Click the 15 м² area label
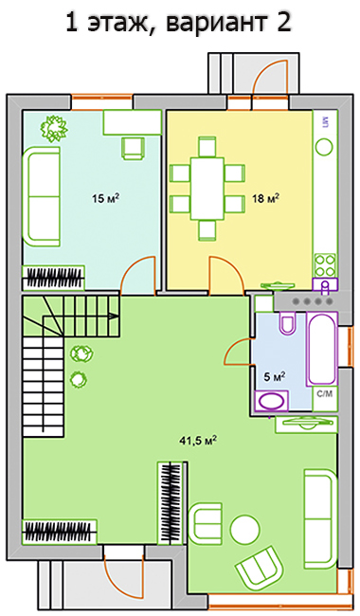coord(105,198)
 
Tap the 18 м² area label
coord(266,198)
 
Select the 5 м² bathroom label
coord(275,377)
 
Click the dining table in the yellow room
coord(207,189)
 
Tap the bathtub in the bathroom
coord(322,350)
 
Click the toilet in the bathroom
coord(288,323)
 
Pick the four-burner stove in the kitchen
coord(325,265)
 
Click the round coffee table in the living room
coord(245,529)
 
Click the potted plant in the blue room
coord(55,128)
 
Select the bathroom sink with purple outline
coord(272,401)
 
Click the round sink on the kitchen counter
coord(324,148)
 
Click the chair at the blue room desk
coord(132,149)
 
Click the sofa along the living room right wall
coord(320,518)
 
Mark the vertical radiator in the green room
coord(171,503)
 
